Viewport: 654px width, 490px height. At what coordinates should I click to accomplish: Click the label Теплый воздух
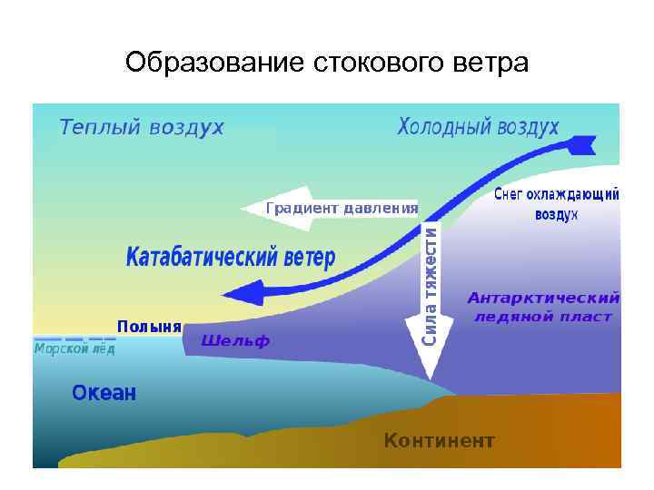142,128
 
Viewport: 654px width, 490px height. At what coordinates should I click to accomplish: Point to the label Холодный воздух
479,128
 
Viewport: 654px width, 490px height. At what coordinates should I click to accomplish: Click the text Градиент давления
342,208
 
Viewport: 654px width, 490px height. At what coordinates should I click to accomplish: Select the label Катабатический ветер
230,258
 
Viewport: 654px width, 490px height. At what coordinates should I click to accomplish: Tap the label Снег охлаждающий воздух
557,204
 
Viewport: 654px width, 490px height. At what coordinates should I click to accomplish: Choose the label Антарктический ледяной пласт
543,307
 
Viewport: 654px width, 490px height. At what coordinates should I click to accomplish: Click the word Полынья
149,326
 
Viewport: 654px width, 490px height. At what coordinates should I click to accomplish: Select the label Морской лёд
74,348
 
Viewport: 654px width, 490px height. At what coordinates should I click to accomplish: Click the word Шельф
235,341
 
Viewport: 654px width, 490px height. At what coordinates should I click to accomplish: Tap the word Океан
104,393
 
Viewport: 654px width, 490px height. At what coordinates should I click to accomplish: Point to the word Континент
440,441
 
